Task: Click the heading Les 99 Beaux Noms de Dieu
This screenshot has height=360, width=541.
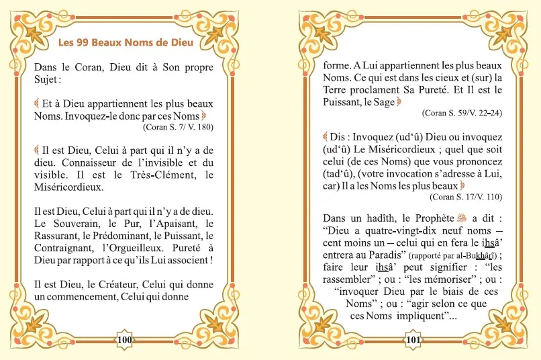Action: pyautogui.click(x=126, y=44)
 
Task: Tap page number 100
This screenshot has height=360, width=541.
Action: pyautogui.click(x=126, y=340)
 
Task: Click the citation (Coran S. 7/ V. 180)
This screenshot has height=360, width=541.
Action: pyautogui.click(x=178, y=126)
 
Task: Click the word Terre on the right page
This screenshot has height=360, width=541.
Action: pyautogui.click(x=336, y=89)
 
